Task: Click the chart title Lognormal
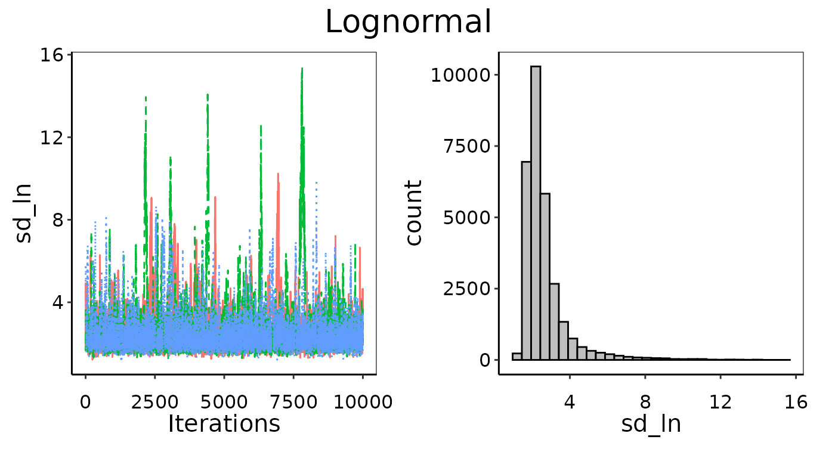click(408, 23)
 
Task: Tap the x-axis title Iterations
click(224, 423)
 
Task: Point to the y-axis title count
click(413, 213)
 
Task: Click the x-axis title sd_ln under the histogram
click(651, 424)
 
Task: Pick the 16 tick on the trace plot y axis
click(54, 55)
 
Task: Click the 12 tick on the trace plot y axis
click(54, 137)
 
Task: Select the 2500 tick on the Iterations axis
click(154, 402)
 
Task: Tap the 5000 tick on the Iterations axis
click(224, 402)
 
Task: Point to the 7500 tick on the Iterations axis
click(293, 402)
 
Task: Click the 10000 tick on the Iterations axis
click(362, 402)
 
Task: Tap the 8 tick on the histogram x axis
click(645, 402)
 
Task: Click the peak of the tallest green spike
click(302, 69)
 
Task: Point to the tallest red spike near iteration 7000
click(278, 174)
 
